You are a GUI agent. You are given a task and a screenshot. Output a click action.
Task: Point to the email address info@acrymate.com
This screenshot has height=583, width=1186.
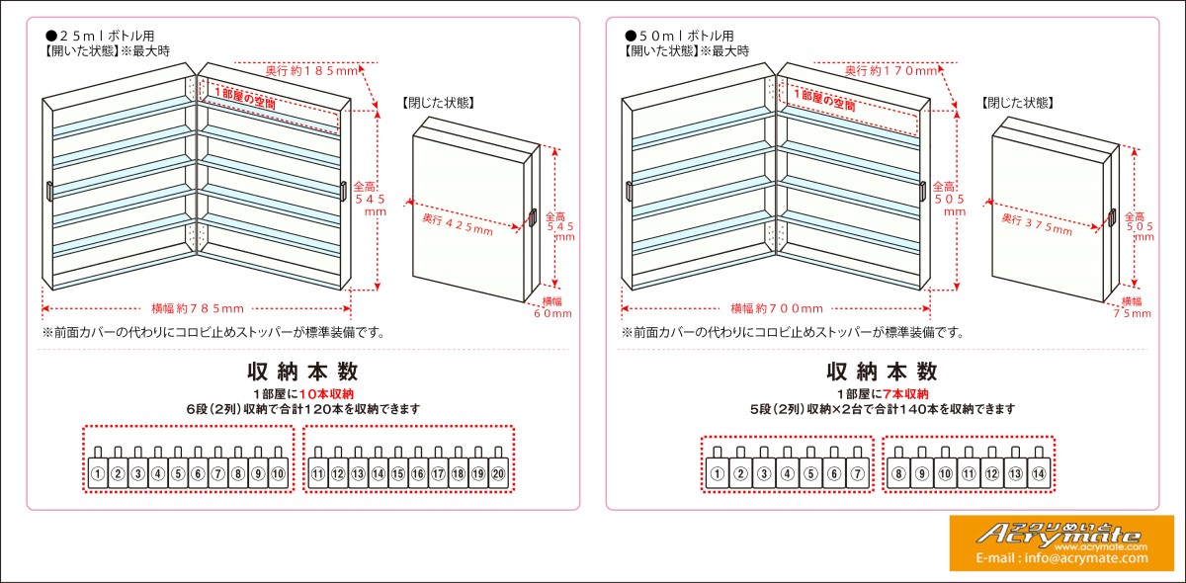tap(1061, 558)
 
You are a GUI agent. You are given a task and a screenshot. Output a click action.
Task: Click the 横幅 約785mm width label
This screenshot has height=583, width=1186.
tap(198, 308)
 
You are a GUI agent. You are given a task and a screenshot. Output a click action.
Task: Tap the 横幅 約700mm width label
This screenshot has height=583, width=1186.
tap(777, 308)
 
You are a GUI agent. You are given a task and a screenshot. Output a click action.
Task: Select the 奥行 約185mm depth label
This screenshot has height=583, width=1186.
tap(313, 71)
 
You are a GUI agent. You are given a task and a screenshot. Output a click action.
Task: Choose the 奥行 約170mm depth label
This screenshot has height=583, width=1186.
tap(891, 71)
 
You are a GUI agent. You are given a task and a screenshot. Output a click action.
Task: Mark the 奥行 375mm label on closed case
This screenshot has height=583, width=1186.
tap(1036, 224)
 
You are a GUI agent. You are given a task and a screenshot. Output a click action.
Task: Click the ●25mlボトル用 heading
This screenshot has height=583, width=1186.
tap(99, 35)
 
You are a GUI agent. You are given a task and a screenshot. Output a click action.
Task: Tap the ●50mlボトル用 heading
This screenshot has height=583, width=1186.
tap(678, 35)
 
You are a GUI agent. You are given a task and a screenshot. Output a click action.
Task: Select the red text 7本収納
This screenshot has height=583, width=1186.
tap(905, 393)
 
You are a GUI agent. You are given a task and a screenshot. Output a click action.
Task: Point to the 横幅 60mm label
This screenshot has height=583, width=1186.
tap(551, 306)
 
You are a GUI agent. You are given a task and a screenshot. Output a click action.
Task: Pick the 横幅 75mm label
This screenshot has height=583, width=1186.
tap(1131, 306)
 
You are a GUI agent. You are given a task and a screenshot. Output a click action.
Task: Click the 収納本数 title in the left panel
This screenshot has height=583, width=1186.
tap(302, 372)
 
